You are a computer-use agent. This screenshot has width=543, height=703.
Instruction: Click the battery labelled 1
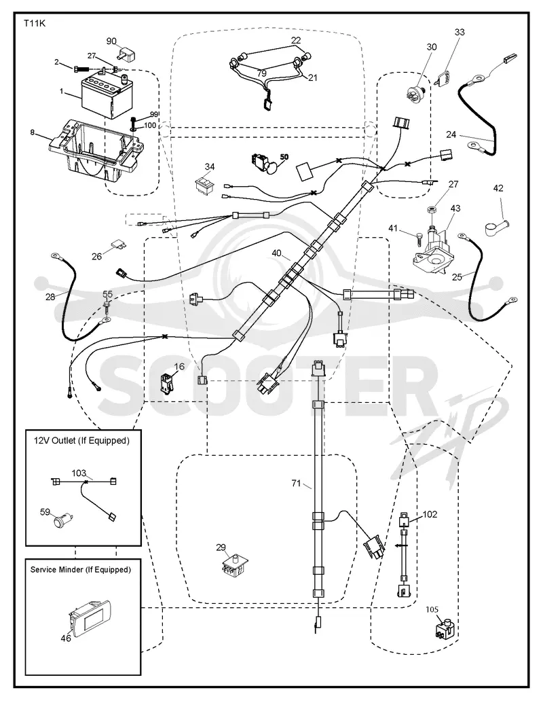point(104,96)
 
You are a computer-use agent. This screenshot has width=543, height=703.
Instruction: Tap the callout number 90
point(111,41)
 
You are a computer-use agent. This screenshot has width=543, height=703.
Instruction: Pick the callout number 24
point(451,134)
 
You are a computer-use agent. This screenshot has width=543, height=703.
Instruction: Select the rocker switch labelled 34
point(205,184)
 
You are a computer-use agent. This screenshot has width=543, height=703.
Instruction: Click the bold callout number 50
point(284,157)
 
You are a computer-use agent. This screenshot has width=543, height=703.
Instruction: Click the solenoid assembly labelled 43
point(433,254)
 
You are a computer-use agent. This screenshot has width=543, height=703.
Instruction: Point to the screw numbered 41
point(419,237)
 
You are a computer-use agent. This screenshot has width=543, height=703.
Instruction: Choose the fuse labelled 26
point(118,245)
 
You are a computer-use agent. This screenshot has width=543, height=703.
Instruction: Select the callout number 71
point(296,483)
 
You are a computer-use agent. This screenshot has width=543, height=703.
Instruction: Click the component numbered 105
point(444,628)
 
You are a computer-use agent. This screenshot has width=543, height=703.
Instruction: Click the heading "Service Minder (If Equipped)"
point(81,570)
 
